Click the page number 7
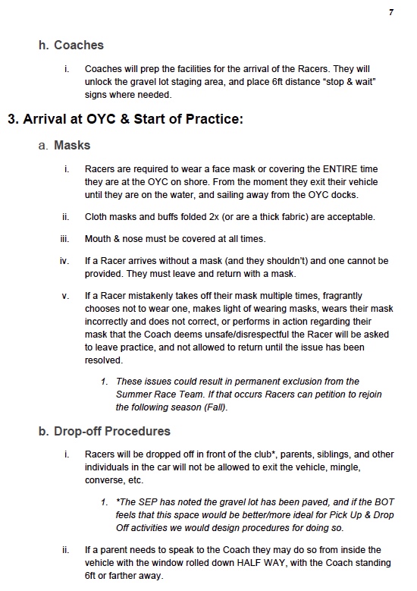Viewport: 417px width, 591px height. (x=391, y=12)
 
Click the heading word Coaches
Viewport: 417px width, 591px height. (x=79, y=46)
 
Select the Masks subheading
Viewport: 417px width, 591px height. (x=72, y=146)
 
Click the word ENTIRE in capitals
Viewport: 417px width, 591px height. (x=340, y=169)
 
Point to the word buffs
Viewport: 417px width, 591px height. (x=171, y=217)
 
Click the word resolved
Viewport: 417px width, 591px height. (x=104, y=360)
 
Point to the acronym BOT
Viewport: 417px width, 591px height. (x=384, y=502)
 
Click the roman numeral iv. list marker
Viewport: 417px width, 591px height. (x=64, y=261)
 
